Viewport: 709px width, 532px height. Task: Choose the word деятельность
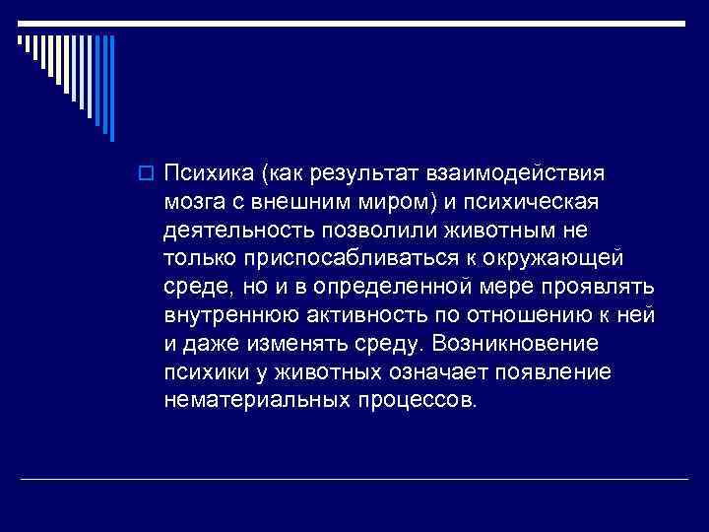(x=237, y=231)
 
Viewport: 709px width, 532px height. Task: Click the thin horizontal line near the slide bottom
(x=354, y=477)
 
